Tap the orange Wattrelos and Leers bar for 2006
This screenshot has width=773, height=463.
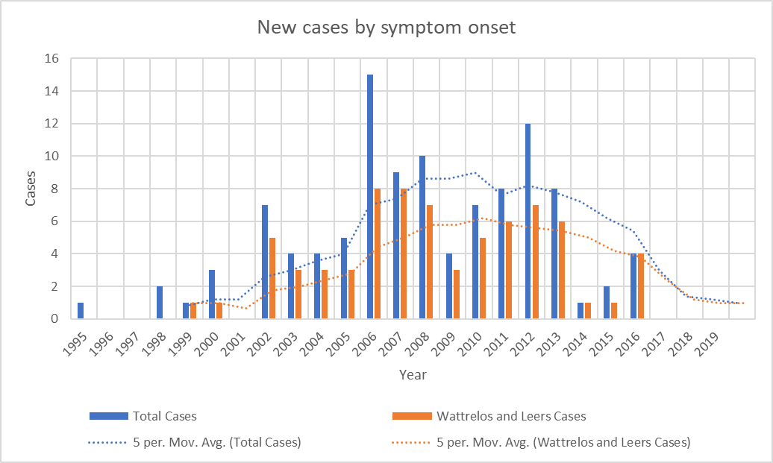pyautogui.click(x=378, y=254)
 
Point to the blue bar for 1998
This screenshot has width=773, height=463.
pyautogui.click(x=160, y=303)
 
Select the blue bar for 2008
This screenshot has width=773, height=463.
pyautogui.click(x=422, y=238)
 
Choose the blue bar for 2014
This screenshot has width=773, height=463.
pyautogui.click(x=580, y=311)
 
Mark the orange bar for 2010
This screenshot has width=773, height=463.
pyautogui.click(x=483, y=278)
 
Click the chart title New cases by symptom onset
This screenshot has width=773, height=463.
pyautogui.click(x=386, y=28)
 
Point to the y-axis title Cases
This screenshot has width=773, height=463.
pyautogui.click(x=31, y=189)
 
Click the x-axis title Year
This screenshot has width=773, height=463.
pyautogui.click(x=413, y=374)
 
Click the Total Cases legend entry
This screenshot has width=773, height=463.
pyautogui.click(x=164, y=415)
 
